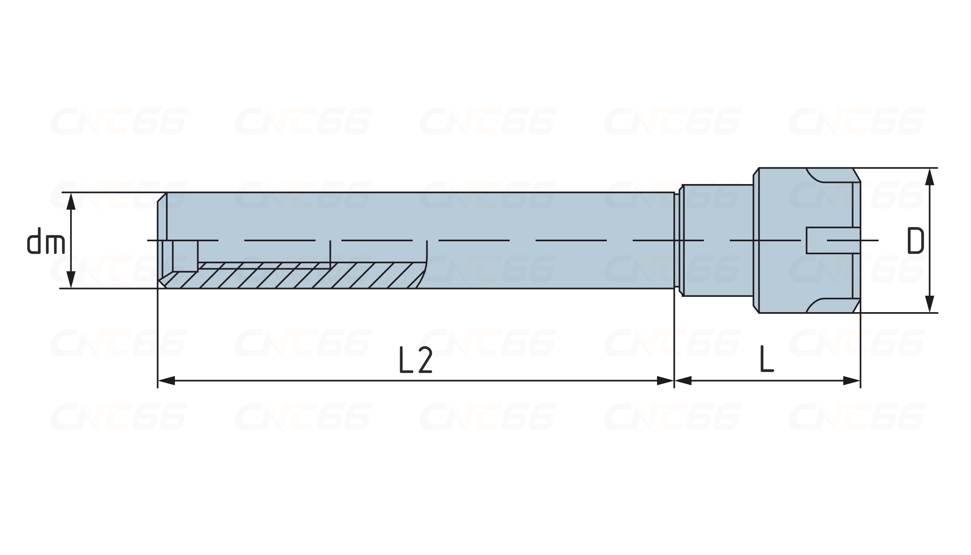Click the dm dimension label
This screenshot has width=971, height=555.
[x=46, y=240]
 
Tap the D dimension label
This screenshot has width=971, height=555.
[x=915, y=240]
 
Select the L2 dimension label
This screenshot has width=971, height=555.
[x=416, y=360]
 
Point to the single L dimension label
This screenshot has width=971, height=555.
[x=767, y=358]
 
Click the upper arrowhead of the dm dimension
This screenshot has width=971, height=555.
[x=71, y=201]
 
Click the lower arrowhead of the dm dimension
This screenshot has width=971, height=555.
[x=71, y=280]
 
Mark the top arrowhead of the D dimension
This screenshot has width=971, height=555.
[x=929, y=177]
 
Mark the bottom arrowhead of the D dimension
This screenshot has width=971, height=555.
[x=929, y=304]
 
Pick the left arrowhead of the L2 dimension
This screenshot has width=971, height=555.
[x=166, y=380]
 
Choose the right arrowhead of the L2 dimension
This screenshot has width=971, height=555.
[x=665, y=380]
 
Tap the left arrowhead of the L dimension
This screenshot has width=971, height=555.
[x=683, y=380]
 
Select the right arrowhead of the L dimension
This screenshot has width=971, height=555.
[x=852, y=380]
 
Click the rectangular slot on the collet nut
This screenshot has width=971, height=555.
[x=833, y=240]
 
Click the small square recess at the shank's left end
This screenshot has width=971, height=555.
[x=185, y=256]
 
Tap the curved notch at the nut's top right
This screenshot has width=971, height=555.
[x=829, y=175]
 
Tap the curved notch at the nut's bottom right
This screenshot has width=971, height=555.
[x=829, y=306]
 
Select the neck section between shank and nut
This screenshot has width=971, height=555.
[x=717, y=240]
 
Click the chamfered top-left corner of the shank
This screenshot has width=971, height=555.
[x=162, y=197]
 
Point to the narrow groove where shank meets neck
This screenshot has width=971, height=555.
[x=677, y=240]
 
